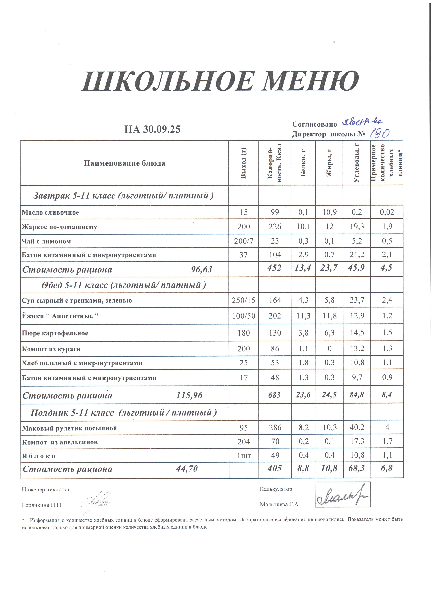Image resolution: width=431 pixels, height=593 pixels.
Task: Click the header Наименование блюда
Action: point(124,163)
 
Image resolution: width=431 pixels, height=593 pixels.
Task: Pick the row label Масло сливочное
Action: point(50,212)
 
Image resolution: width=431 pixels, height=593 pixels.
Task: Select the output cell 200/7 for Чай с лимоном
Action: point(243,241)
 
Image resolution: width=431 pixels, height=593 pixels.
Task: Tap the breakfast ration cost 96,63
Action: point(201,269)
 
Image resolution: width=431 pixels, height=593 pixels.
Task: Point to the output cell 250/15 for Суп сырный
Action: point(243,300)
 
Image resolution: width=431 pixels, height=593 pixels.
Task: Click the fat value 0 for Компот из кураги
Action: point(329,349)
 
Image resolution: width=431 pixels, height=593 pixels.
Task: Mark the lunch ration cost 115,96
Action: point(189,395)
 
